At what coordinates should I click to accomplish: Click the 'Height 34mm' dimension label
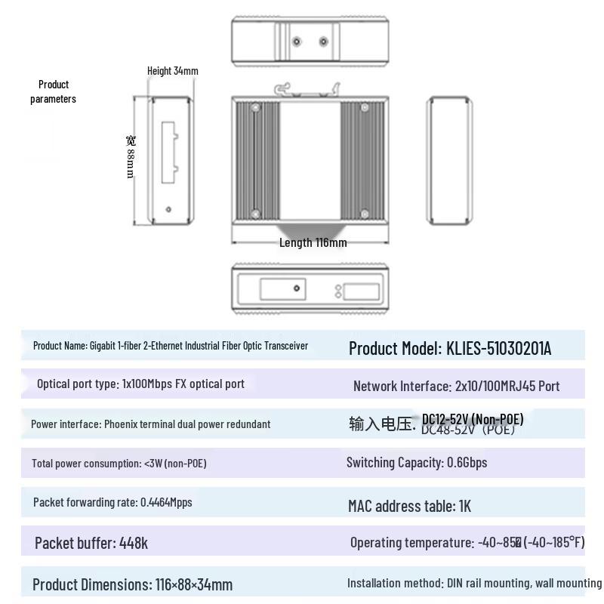[172, 71]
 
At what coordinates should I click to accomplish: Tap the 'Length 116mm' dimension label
[313, 242]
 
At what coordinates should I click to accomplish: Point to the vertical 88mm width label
[131, 156]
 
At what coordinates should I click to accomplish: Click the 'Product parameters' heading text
[53, 91]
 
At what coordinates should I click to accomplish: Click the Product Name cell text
[171, 346]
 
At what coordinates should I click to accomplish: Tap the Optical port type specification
[140, 384]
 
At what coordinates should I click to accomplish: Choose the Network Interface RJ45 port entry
[456, 386]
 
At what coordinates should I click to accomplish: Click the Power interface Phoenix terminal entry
[150, 424]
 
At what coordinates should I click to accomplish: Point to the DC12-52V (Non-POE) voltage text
[472, 420]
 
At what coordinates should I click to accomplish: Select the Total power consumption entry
[119, 463]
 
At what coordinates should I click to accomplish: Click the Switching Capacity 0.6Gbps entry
[416, 462]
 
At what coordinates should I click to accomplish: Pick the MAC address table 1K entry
[409, 506]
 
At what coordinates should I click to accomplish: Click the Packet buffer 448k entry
[91, 543]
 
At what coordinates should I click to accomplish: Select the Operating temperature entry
[467, 542]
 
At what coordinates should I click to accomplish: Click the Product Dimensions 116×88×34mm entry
[132, 584]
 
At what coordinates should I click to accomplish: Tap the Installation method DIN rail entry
[473, 583]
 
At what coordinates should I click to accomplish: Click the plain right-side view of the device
[449, 161]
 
